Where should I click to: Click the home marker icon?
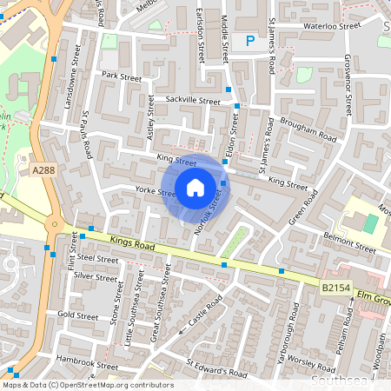195,186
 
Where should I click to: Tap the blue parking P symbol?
250,40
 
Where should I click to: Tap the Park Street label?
121,76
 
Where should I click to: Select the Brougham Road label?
308,130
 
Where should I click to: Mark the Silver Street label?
95,276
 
